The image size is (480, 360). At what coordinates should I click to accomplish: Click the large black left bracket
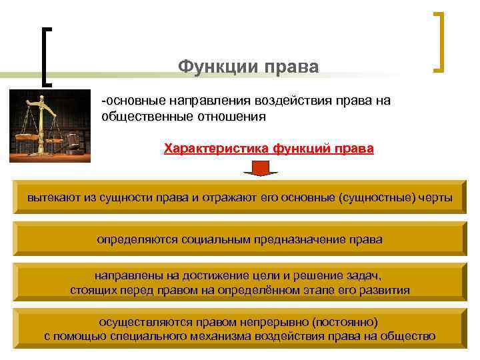coord(46,57)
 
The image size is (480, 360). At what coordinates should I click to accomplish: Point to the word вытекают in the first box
coord(51,198)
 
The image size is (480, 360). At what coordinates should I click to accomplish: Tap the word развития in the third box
coord(385,290)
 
